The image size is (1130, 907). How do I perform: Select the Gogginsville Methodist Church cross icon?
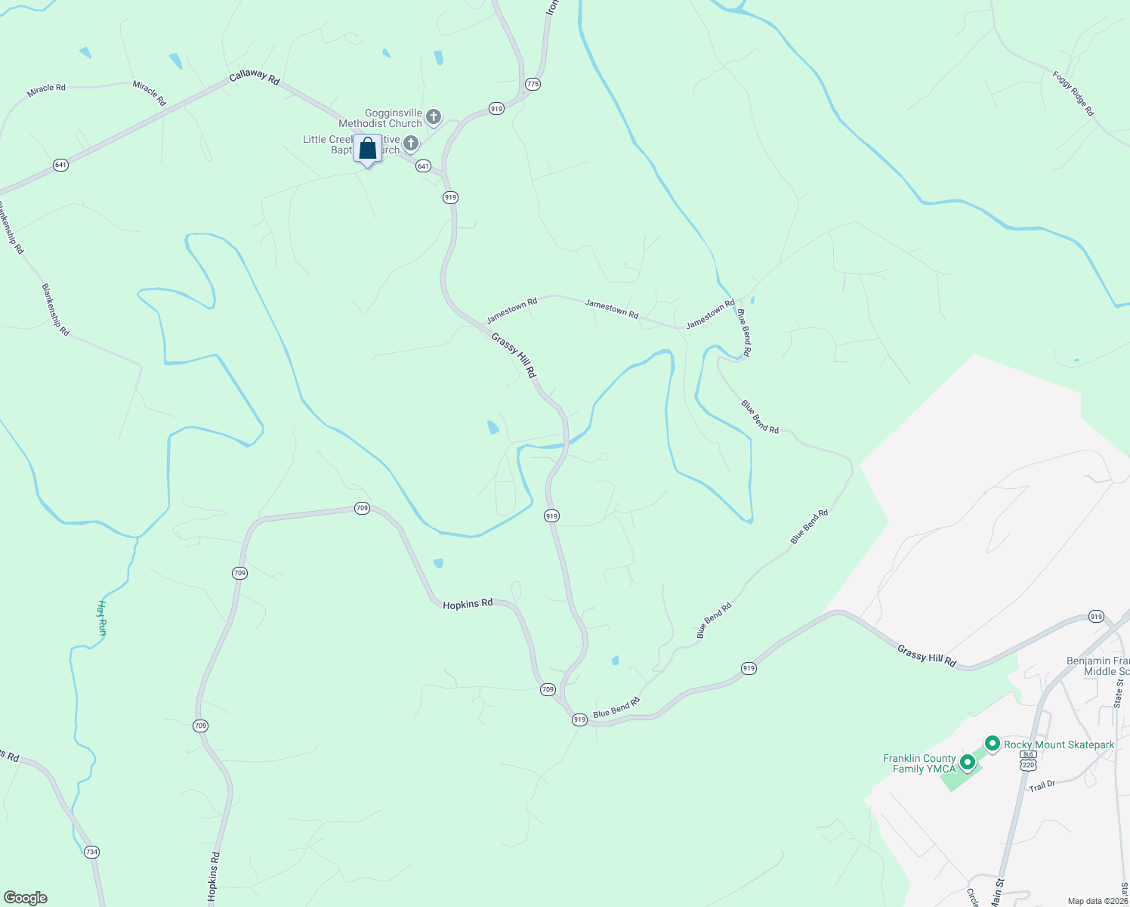pyautogui.click(x=434, y=116)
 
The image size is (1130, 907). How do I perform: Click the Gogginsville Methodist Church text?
pyautogui.click(x=380, y=119)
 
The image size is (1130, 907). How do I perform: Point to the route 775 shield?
pyautogui.click(x=533, y=84)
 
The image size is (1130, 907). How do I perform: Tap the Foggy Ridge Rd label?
pyautogui.click(x=1073, y=93)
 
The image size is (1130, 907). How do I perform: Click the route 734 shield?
pyautogui.click(x=91, y=852)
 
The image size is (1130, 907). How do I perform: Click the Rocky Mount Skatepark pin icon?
pyautogui.click(x=993, y=744)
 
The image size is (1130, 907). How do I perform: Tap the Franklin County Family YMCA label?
pyautogui.click(x=919, y=763)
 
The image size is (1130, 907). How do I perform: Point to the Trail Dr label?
pyautogui.click(x=1042, y=786)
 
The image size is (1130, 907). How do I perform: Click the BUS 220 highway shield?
pyautogui.click(x=1027, y=760)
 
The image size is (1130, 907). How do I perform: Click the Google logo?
pyautogui.click(x=26, y=898)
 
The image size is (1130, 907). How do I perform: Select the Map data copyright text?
pyautogui.click(x=1098, y=901)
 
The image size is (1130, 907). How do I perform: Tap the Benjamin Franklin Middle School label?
pyautogui.click(x=1098, y=666)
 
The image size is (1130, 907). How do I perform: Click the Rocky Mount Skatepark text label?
pyautogui.click(x=1059, y=744)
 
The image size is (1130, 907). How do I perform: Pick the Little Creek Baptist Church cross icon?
pyautogui.click(x=412, y=143)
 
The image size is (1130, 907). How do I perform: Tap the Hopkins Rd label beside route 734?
pyautogui.click(x=214, y=878)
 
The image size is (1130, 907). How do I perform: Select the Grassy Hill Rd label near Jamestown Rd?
pyautogui.click(x=514, y=355)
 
